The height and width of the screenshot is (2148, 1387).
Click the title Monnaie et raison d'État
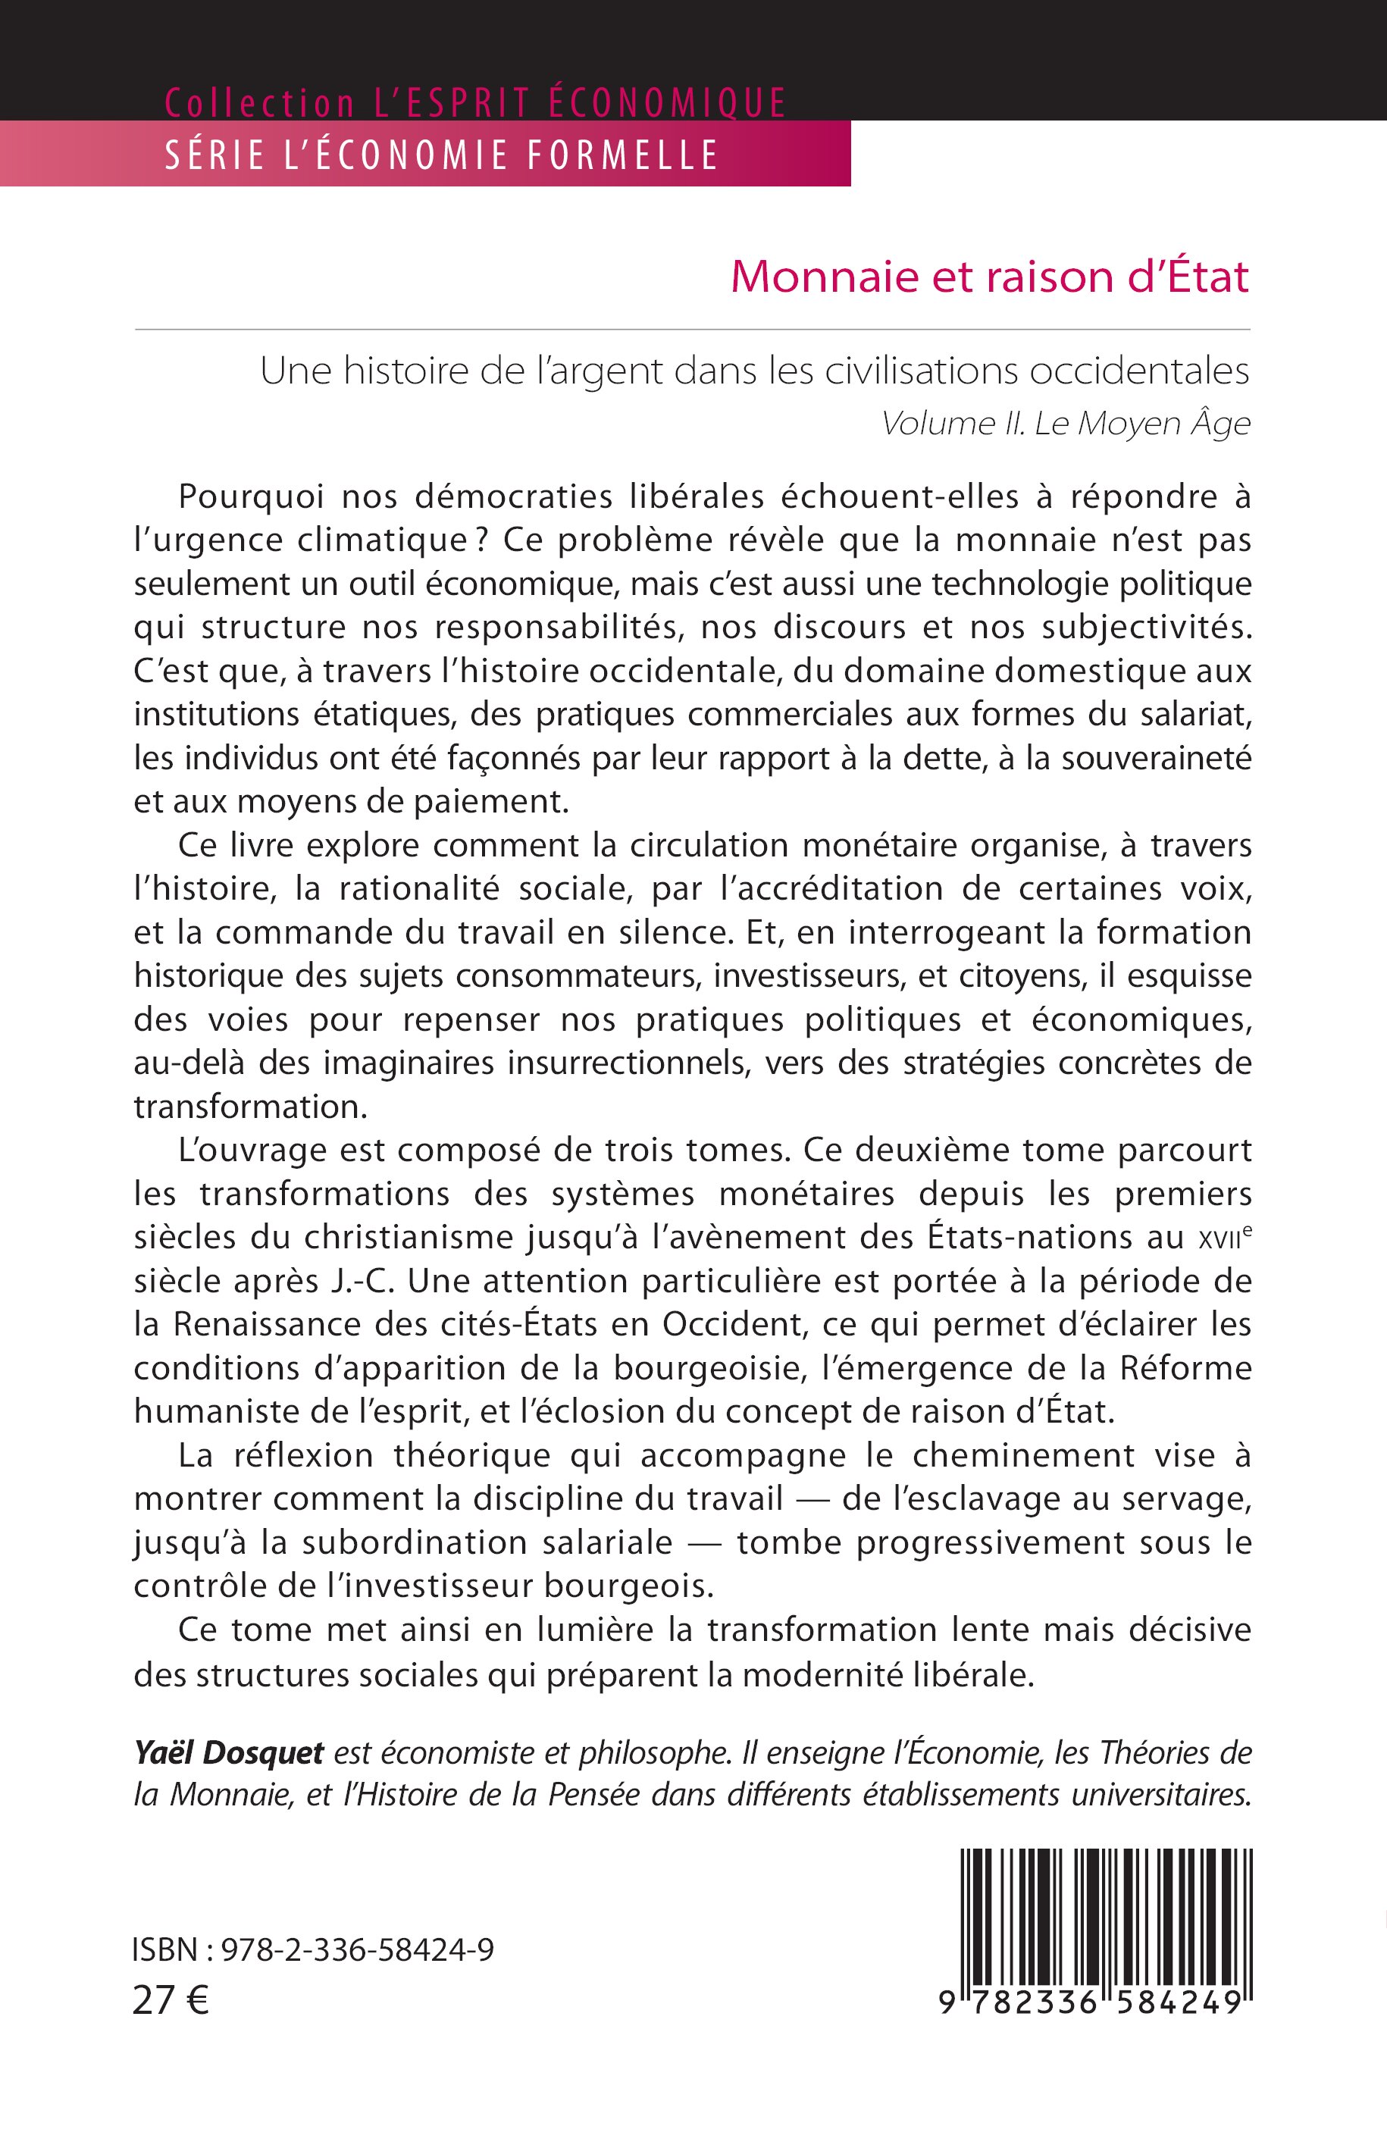[x=989, y=277]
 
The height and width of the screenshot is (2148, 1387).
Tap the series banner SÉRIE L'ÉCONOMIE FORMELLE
[x=441, y=155]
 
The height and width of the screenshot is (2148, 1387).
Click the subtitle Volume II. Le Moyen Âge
[x=1066, y=423]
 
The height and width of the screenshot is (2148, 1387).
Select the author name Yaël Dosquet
[x=229, y=1752]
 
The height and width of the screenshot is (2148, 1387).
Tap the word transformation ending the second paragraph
[x=250, y=1107]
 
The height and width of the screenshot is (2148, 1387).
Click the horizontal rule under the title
[x=692, y=330]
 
